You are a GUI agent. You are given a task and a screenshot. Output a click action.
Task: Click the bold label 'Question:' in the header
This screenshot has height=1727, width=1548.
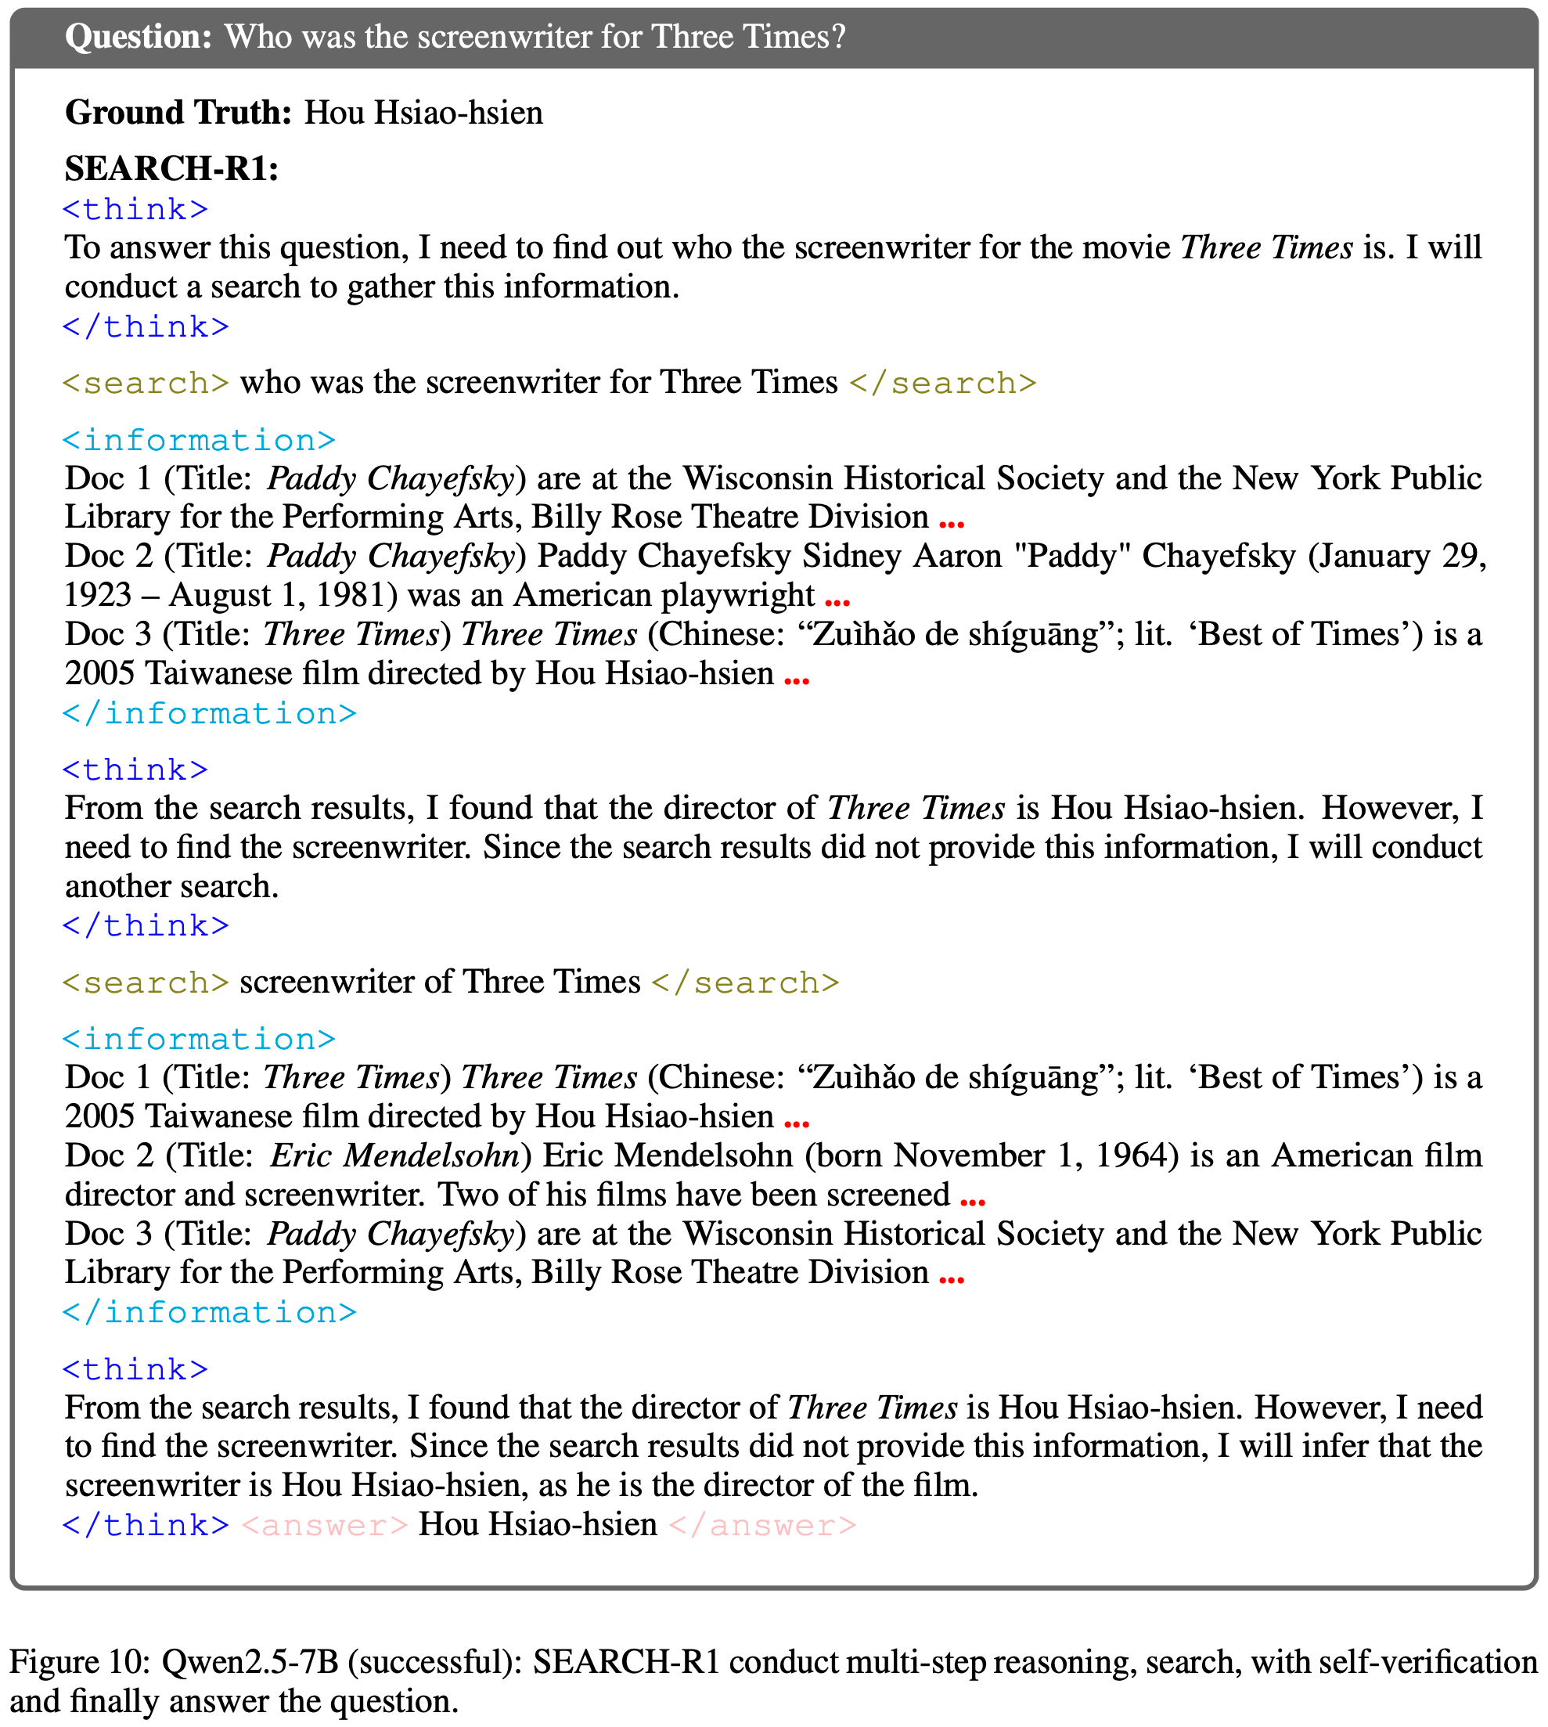(x=138, y=38)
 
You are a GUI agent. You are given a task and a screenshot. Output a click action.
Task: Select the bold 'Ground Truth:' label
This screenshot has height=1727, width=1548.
(x=178, y=114)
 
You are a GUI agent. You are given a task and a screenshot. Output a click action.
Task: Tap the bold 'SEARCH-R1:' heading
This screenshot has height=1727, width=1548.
(x=172, y=168)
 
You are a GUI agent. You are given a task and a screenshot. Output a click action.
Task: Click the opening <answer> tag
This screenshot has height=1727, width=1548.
(x=325, y=1525)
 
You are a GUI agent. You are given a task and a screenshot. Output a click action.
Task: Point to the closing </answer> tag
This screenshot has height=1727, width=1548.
(x=763, y=1525)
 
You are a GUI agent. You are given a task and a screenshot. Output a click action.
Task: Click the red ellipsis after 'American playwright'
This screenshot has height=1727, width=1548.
(x=837, y=601)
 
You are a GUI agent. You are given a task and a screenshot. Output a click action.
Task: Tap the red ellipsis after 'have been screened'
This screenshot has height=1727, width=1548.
(x=972, y=1200)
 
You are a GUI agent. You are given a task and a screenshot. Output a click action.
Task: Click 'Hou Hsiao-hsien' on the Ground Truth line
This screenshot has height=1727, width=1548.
(x=423, y=114)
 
